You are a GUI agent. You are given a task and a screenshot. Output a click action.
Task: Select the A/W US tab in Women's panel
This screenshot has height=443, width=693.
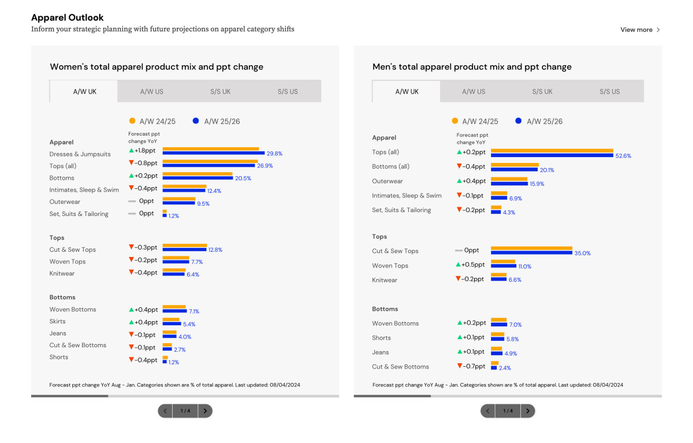[x=151, y=91]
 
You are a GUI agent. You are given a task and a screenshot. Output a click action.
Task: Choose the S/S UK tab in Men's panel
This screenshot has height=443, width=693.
[x=542, y=91]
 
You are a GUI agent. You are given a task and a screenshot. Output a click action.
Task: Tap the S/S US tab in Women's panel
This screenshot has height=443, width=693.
[x=287, y=91]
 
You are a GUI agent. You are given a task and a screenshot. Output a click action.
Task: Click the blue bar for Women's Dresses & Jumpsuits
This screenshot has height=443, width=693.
[x=213, y=154]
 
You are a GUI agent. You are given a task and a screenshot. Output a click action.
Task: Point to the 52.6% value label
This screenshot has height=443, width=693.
[x=624, y=156]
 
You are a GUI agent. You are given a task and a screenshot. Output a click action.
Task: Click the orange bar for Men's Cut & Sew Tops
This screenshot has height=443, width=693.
[x=531, y=248]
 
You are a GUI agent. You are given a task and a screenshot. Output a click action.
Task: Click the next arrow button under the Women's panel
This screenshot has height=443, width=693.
[x=205, y=411]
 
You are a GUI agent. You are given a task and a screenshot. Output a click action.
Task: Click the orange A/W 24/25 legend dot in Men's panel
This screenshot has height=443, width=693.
[x=454, y=121]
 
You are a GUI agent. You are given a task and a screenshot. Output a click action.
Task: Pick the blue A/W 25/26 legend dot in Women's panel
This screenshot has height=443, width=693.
[x=196, y=121]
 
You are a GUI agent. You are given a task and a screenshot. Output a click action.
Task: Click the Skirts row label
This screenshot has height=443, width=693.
[x=58, y=321]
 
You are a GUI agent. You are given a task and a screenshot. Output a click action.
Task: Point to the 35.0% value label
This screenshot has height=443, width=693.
[x=582, y=253]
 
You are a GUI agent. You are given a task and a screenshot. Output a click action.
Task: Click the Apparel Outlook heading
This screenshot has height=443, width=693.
[x=68, y=18]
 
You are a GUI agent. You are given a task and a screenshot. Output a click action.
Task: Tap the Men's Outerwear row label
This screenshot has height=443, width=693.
[x=387, y=181]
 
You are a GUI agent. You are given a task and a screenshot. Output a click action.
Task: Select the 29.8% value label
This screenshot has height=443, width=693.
[x=274, y=154]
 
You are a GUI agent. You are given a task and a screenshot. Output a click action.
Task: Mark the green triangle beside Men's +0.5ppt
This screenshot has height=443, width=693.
[x=459, y=265]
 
